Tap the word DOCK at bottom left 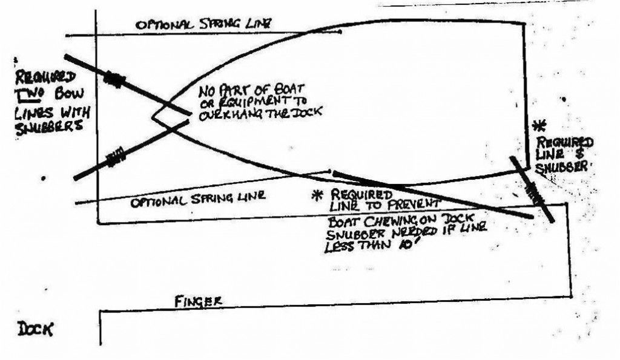[35, 330]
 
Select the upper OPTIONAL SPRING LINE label [203, 24]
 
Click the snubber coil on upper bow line [116, 79]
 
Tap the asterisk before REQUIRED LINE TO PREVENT [315, 195]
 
